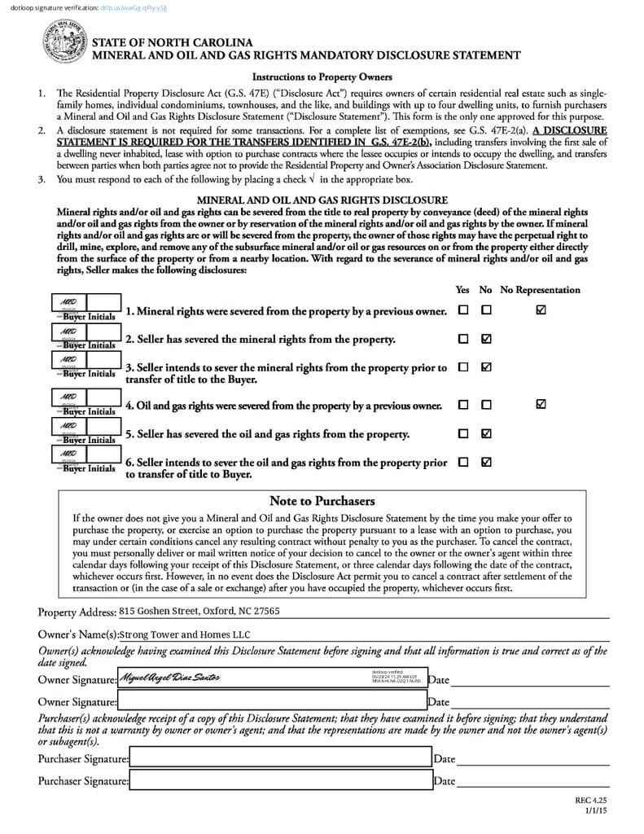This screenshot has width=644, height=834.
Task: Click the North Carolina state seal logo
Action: [64, 42]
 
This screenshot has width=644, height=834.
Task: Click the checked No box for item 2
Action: [486, 338]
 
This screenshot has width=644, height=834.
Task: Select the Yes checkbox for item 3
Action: [463, 367]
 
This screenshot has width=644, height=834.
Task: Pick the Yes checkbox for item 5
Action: [463, 433]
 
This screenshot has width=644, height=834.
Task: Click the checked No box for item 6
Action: [486, 462]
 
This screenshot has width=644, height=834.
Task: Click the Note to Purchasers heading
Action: [322, 501]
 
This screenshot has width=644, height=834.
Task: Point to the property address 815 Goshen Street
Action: [199, 610]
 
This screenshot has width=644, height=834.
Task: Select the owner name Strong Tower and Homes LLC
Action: [186, 634]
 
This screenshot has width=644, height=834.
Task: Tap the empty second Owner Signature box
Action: [272, 700]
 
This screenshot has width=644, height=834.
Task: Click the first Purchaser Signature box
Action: [280, 758]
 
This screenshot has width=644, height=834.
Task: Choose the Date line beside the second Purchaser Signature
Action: [533, 781]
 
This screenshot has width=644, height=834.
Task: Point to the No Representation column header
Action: [540, 290]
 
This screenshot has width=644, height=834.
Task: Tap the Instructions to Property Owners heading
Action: [322, 77]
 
